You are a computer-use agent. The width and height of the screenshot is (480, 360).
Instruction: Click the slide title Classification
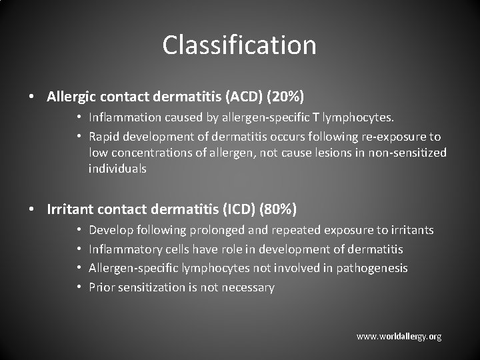point(239,45)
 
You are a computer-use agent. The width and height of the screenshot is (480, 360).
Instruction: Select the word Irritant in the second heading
point(70,209)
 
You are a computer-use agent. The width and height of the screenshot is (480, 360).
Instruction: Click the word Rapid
point(104,137)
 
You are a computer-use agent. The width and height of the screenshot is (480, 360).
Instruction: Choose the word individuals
point(117,169)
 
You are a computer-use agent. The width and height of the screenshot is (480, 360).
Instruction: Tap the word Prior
point(101,287)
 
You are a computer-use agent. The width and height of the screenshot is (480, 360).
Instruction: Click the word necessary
point(248,287)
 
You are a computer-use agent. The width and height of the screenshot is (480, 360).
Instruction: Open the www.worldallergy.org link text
point(399,337)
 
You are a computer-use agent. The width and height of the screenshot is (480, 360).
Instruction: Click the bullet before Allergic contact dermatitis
point(32,97)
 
